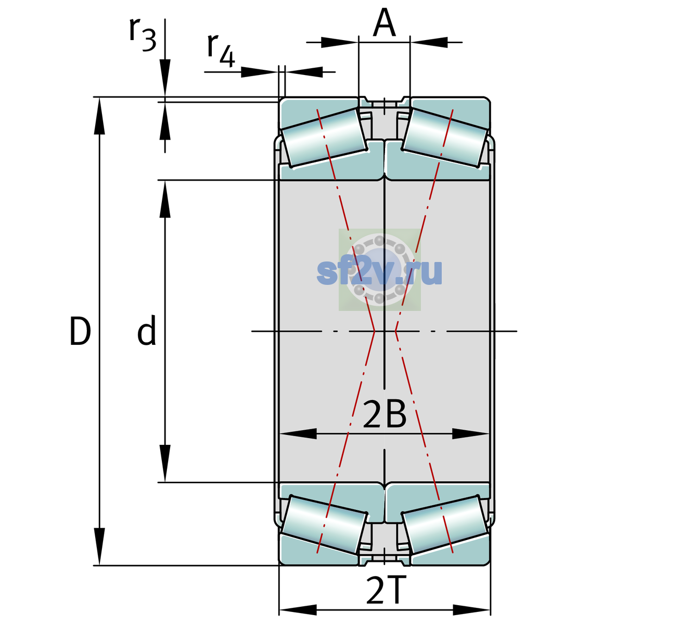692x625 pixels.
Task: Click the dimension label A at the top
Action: point(384,23)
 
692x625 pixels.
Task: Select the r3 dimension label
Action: point(143,34)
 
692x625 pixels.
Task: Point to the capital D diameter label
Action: point(80,331)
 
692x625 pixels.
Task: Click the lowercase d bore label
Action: point(147,330)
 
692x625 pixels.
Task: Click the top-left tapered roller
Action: point(324,138)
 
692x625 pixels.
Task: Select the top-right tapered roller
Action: point(445,138)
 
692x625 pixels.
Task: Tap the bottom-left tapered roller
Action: point(324,524)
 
